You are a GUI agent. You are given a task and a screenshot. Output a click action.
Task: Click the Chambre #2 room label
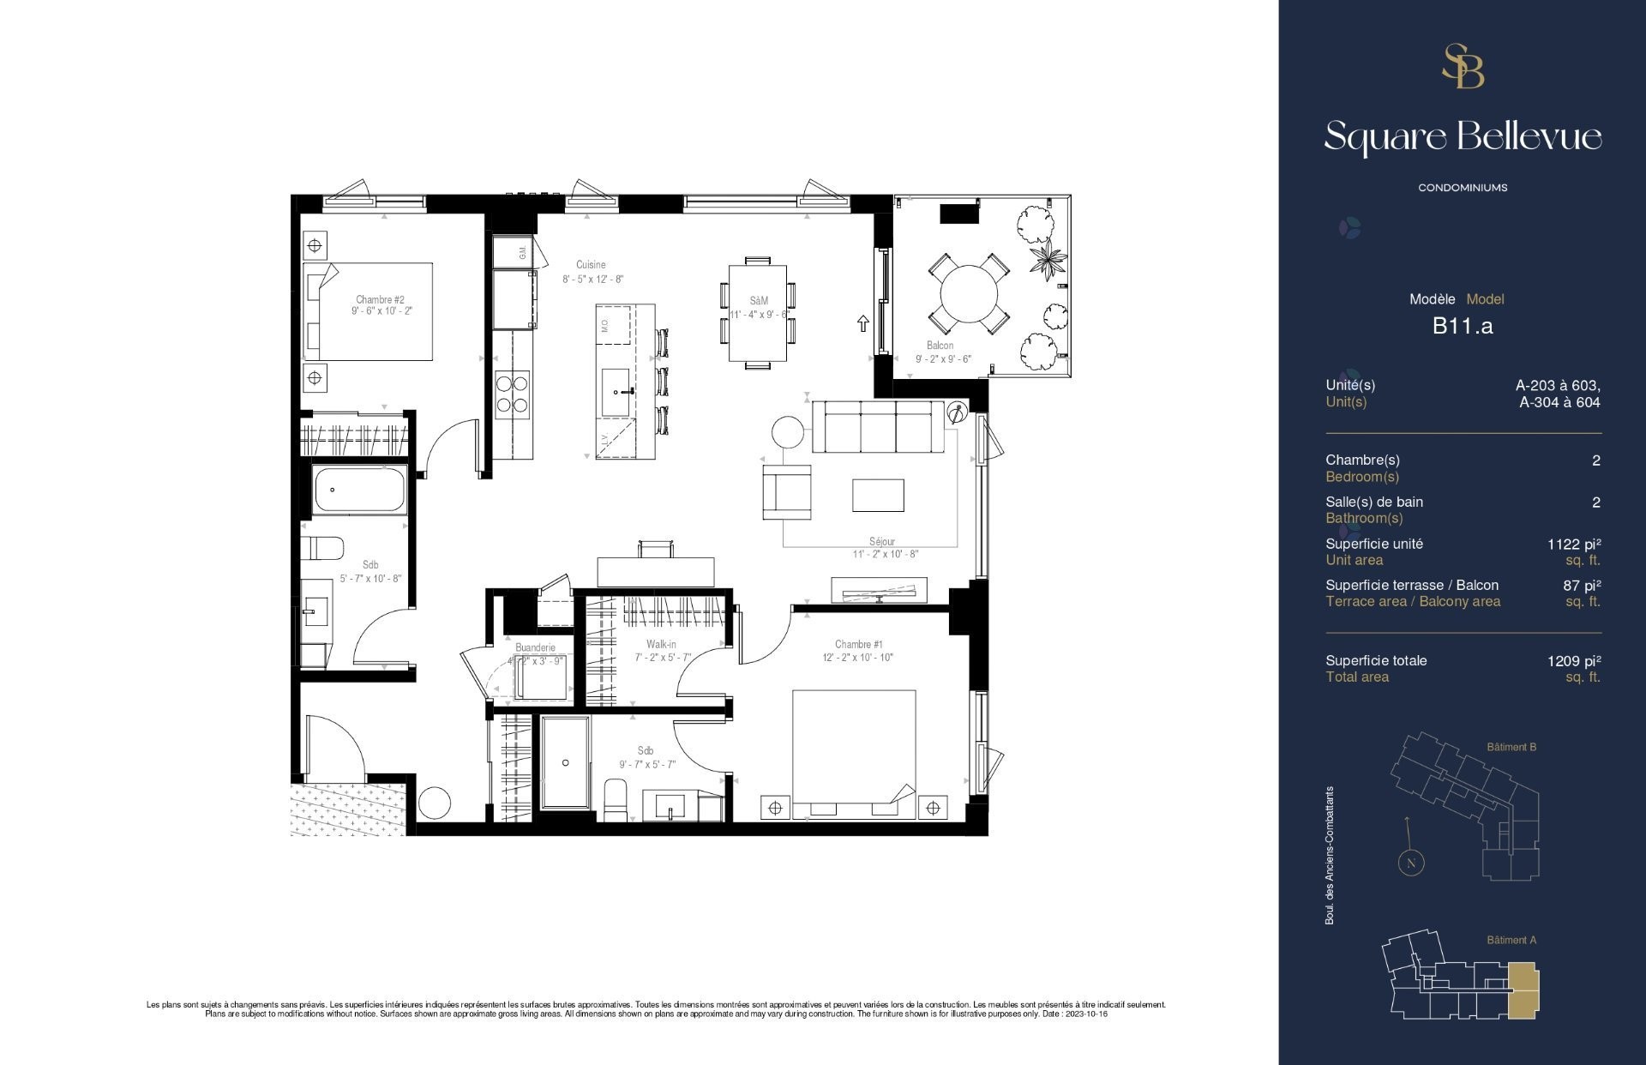tap(380, 299)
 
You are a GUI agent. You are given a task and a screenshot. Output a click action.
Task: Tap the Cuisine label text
tap(591, 265)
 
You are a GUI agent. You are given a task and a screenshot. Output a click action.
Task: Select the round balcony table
tap(969, 293)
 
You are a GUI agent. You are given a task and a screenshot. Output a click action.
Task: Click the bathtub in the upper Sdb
tap(360, 490)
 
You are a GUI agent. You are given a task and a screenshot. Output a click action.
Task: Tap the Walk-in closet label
tap(661, 644)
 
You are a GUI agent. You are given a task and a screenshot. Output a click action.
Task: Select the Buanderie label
tap(535, 647)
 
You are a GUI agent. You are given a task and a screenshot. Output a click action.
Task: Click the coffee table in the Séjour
tap(878, 495)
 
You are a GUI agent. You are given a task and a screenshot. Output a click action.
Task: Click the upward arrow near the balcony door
tap(862, 323)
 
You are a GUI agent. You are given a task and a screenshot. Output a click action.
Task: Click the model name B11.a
tap(1463, 326)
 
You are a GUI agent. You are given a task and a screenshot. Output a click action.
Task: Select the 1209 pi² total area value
tap(1574, 660)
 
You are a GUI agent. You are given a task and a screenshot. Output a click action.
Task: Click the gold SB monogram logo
tap(1463, 67)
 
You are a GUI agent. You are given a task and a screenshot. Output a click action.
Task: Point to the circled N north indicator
tap(1410, 863)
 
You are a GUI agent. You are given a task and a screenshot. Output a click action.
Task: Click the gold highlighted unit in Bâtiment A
tap(1523, 990)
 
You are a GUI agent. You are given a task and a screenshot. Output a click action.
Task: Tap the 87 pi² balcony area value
tap(1582, 586)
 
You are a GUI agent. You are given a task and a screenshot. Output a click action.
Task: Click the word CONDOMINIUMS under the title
tap(1463, 188)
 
